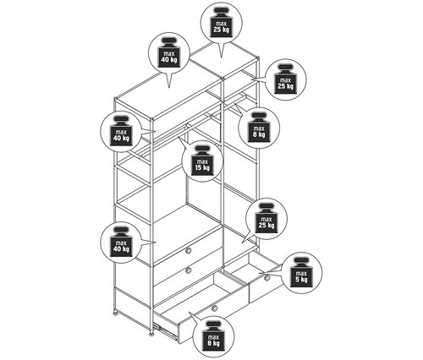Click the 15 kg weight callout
pyautogui.click(x=202, y=161)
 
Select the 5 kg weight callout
pyautogui.click(x=301, y=273)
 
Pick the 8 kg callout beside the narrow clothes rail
pyautogui.click(x=259, y=128)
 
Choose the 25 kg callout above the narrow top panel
pyautogui.click(x=221, y=24)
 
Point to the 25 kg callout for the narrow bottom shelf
pyautogui.click(x=266, y=219)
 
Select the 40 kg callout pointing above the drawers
pyautogui.click(x=121, y=242)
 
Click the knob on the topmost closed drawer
pyautogui.click(x=189, y=250)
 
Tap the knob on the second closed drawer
pyautogui.click(x=189, y=270)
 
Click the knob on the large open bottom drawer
pyautogui.click(x=214, y=308)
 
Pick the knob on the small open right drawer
pyautogui.click(x=267, y=278)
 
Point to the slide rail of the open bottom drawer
pyautogui.click(x=166, y=331)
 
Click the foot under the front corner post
pyautogui.click(x=151, y=334)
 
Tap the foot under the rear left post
pyautogui.click(x=115, y=312)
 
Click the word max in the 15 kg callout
pyautogui.click(x=202, y=161)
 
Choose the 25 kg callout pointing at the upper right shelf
pyautogui.click(x=286, y=79)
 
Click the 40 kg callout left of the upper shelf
pyautogui.click(x=121, y=132)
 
